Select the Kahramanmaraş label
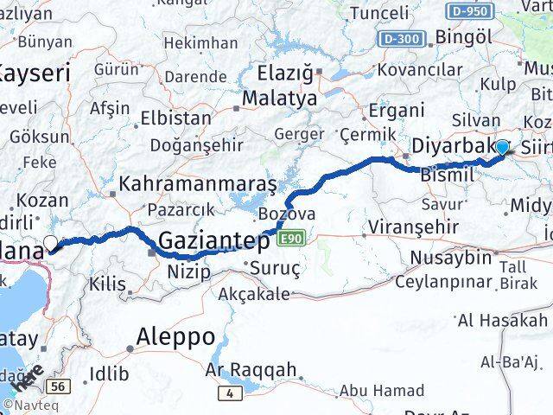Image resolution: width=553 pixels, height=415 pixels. tap(198, 183)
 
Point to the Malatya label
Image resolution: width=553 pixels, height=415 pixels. tap(278, 99)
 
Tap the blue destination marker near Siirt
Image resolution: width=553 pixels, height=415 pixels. tap(501, 148)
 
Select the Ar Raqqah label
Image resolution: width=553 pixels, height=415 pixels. tap(253, 370)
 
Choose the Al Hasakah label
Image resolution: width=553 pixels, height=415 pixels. tap(504, 321)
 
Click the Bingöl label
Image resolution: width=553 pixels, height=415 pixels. tap(465, 37)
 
